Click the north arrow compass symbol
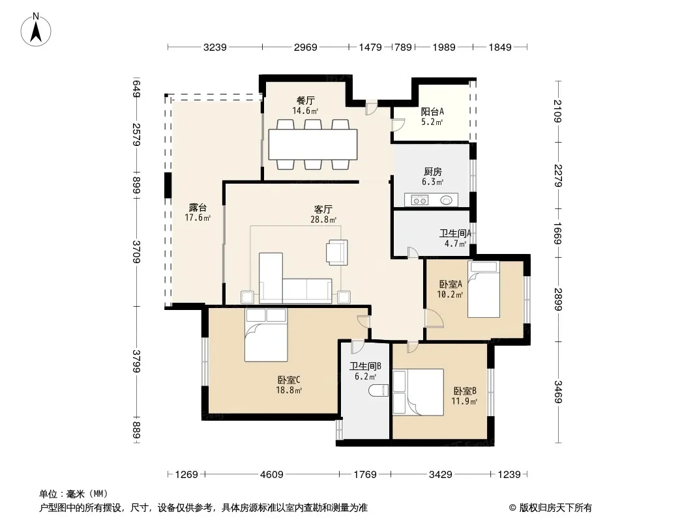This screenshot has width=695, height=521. [x=36, y=30]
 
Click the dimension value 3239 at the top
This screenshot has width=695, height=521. [x=215, y=47]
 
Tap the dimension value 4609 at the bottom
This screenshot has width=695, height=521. [x=272, y=475]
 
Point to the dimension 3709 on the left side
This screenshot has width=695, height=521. [x=136, y=252]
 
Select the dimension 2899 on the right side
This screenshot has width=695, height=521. [x=557, y=299]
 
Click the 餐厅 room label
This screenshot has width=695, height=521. [x=305, y=100]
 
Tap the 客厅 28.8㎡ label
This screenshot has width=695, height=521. [x=323, y=214]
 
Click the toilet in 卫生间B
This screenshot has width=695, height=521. [x=379, y=390]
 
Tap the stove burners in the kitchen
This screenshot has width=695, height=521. [x=420, y=201]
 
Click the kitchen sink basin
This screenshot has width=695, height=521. [x=447, y=201]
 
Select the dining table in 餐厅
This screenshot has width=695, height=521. [x=313, y=145]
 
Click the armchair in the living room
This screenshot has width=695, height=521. [x=337, y=252]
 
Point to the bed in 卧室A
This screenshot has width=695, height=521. [x=484, y=289]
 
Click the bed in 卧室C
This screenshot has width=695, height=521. [x=266, y=335]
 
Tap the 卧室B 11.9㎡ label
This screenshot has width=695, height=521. [x=464, y=396]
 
